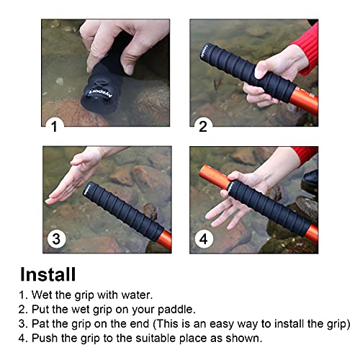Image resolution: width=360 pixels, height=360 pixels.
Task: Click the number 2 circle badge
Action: (203, 126)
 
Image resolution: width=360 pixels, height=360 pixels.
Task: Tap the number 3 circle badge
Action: (56, 238)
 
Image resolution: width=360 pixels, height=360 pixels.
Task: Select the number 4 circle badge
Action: (203, 238)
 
